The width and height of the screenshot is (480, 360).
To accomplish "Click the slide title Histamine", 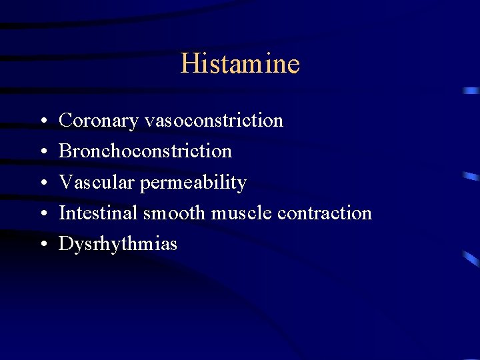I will pos(240,64).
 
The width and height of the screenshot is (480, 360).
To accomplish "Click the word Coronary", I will pos(99,121).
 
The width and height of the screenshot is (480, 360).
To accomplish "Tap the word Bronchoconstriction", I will pos(145,151).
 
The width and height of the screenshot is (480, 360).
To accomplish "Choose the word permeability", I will pos(193,183).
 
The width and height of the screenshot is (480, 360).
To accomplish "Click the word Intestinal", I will pos(98,213).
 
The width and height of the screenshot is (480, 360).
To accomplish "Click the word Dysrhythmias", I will pos(118,244).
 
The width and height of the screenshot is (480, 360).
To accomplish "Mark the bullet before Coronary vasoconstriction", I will pos(42,121).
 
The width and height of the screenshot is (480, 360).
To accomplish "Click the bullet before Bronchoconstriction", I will pos(42,152).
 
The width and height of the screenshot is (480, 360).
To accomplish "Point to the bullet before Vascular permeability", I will pos(42,183).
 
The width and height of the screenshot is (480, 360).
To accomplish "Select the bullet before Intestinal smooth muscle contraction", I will pos(42,213).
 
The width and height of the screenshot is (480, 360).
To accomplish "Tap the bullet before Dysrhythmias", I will pos(42,244).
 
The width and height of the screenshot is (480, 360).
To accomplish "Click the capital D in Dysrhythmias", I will pos(65,243).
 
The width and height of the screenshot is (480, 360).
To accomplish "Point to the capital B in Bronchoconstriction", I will pos(65,151).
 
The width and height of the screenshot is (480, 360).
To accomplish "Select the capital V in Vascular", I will pos(66,182).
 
